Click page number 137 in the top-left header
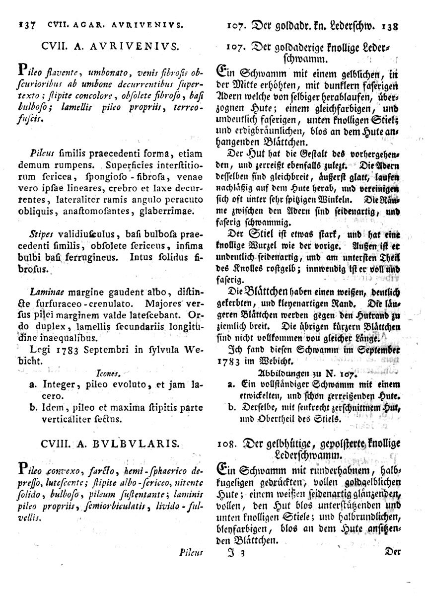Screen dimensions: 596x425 (25, 23)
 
